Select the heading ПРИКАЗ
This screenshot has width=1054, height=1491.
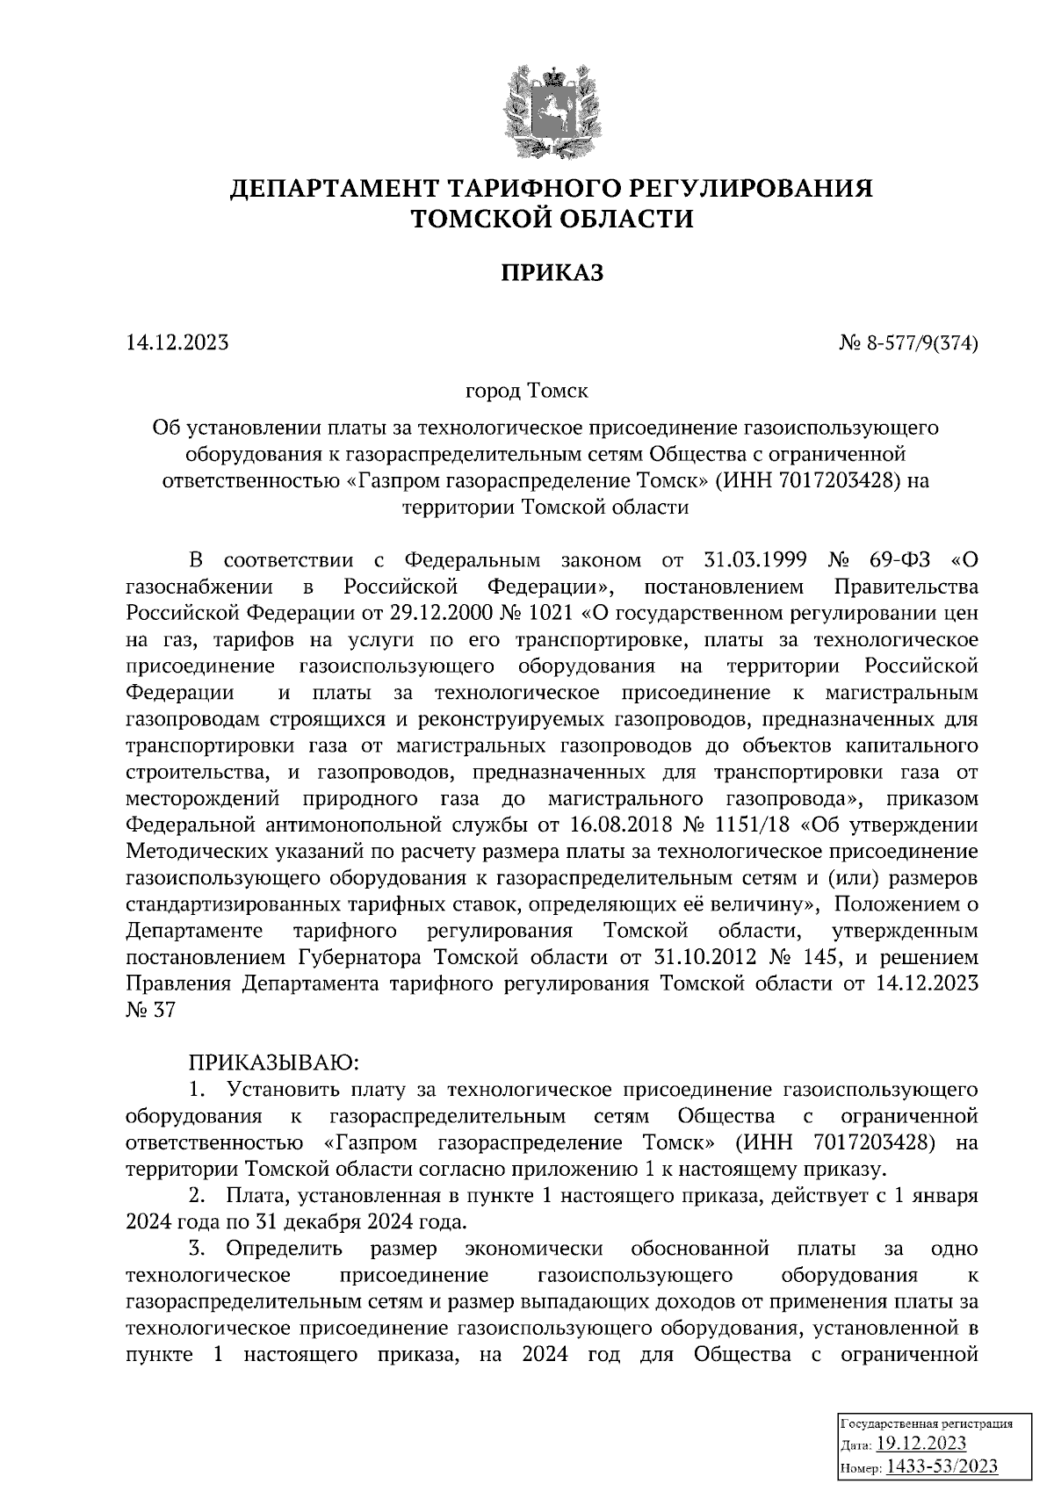(x=552, y=274)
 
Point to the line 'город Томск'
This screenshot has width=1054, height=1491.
(x=526, y=388)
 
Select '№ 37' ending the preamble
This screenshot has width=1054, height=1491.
(x=150, y=1010)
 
